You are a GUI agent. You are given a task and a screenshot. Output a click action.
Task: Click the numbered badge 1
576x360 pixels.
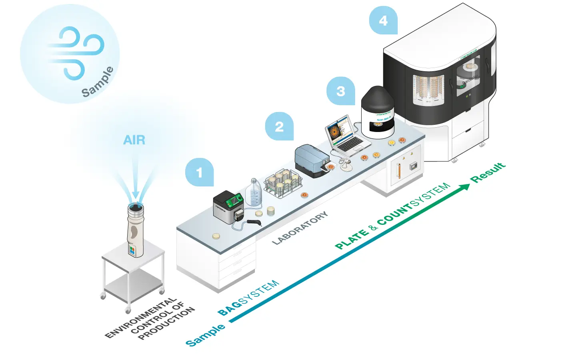(x=199, y=172)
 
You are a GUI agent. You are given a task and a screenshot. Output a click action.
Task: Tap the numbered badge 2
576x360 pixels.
(x=279, y=126)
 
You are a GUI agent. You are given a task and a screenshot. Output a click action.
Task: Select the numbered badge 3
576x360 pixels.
(x=340, y=91)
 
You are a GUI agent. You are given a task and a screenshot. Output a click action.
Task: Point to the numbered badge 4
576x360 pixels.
(x=383, y=20)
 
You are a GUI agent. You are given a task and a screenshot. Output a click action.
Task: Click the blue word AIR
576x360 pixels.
(x=134, y=140)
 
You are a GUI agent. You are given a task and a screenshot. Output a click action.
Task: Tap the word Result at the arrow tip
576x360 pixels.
(x=488, y=173)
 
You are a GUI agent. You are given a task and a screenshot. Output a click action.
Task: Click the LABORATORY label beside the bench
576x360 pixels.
(x=300, y=228)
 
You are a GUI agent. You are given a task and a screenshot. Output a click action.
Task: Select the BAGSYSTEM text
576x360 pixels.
(x=248, y=298)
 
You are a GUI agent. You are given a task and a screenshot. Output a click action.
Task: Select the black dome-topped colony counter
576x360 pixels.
(x=378, y=112)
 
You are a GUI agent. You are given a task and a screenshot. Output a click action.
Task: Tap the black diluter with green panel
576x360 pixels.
(x=228, y=206)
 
